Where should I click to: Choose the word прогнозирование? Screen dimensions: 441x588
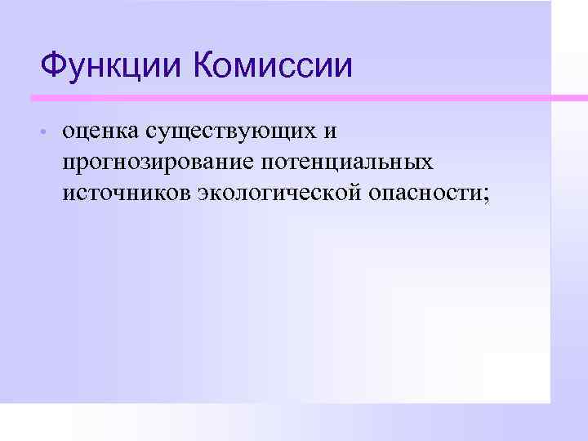[156, 163]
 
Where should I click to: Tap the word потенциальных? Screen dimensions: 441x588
[349, 163]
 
